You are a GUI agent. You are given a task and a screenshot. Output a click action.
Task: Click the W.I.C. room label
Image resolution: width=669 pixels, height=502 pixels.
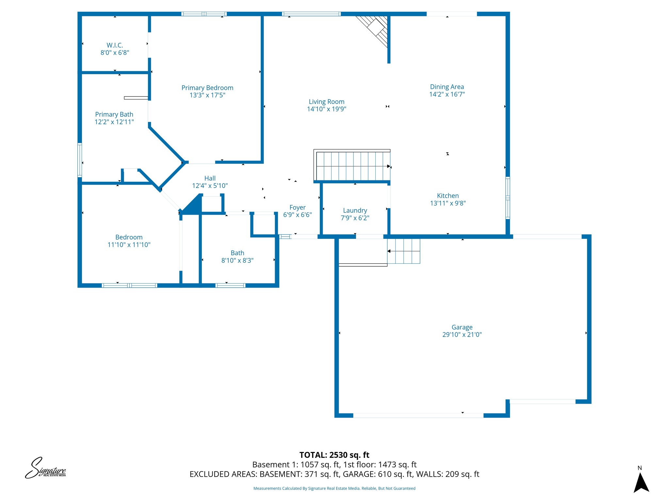pos(115,45)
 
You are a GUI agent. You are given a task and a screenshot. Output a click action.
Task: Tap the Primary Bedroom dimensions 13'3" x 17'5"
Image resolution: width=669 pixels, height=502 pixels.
pos(207,95)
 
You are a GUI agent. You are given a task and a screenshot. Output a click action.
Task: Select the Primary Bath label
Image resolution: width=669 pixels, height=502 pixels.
pos(114,114)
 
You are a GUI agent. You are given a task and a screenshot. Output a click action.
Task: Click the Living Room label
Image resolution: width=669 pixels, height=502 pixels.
pos(326,102)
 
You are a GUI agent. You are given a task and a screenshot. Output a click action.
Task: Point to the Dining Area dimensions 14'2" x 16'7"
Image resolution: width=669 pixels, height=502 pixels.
pos(447,94)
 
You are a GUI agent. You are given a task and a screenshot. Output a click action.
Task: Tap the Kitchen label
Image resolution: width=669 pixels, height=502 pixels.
pos(448,195)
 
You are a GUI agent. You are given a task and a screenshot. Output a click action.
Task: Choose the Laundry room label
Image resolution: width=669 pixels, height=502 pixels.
pos(355,210)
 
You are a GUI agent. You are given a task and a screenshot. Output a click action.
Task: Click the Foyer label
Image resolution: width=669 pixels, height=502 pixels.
pos(297,207)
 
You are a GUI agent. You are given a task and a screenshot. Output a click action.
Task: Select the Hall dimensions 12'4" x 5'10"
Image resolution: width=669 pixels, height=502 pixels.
pos(210,186)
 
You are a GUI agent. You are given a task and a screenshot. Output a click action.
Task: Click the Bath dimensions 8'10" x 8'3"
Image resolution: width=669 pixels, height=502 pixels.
pos(237,260)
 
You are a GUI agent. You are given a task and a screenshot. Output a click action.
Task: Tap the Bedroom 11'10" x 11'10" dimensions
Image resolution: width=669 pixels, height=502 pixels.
pos(129,245)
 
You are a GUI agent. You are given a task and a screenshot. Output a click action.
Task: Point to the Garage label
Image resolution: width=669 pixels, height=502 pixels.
pos(462,327)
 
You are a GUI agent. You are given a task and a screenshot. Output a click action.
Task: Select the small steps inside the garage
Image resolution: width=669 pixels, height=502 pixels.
pos(404,251)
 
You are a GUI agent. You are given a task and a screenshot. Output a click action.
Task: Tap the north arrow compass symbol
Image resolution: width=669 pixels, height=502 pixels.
pos(641,483)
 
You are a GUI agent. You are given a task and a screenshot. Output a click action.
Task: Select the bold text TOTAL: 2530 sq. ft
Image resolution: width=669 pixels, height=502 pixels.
pos(334,455)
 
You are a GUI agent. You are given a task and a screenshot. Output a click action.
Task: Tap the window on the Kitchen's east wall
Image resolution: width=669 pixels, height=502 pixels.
pos(507,198)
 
